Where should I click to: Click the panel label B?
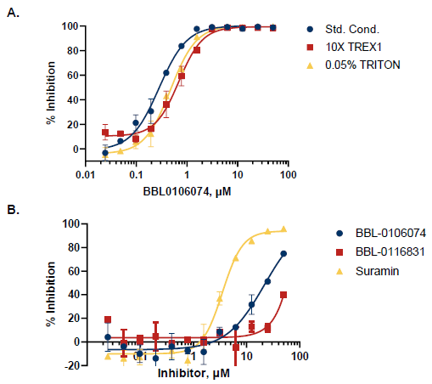pos(12,206)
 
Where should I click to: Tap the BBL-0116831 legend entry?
pos(373,251)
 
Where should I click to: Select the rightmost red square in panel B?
pos(283,295)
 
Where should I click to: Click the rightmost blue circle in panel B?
pos(283,253)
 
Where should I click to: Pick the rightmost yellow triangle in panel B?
pos(283,229)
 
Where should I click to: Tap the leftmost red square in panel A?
pos(105,133)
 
